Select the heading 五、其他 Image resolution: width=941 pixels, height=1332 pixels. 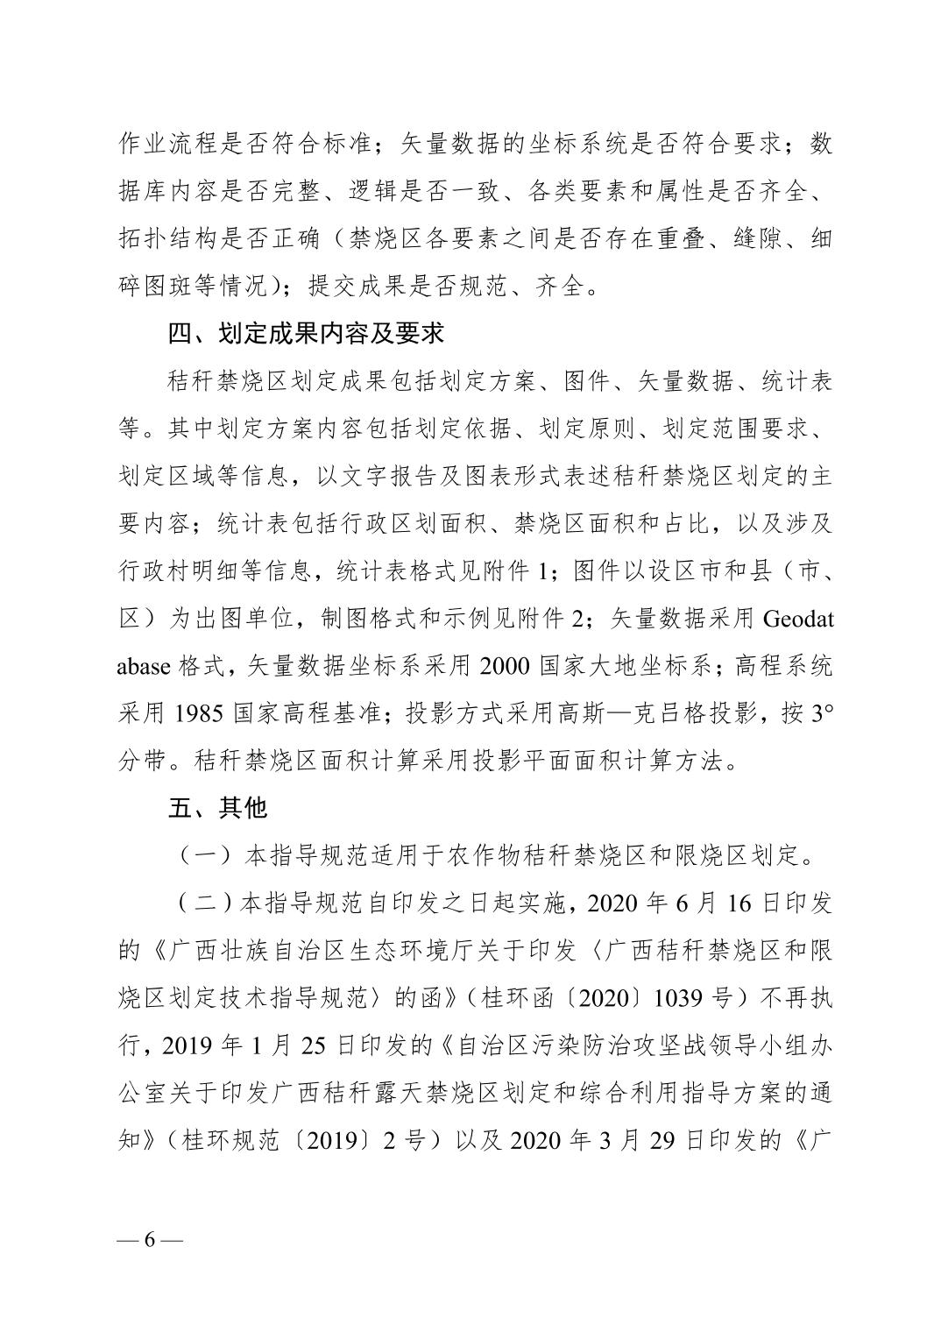[217, 807]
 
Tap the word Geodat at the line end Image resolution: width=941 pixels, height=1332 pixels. [798, 620]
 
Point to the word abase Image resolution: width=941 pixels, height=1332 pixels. [145, 666]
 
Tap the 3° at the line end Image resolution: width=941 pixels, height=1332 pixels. [820, 713]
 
